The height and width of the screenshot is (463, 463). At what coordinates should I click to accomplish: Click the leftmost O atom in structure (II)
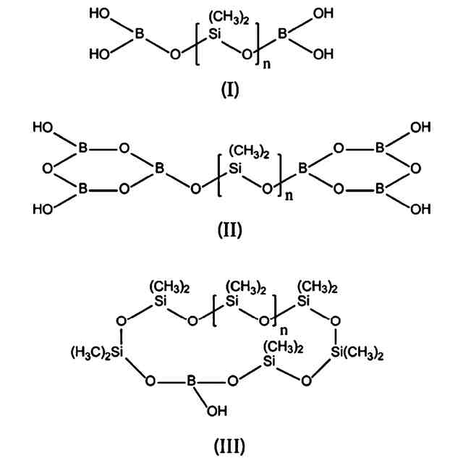tap(48, 169)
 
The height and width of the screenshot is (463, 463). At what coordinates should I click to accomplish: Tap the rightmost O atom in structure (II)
tap(415, 169)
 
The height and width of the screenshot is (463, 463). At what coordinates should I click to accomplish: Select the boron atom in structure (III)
tap(190, 379)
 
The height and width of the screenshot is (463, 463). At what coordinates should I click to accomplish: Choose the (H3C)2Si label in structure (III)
tap(98, 352)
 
